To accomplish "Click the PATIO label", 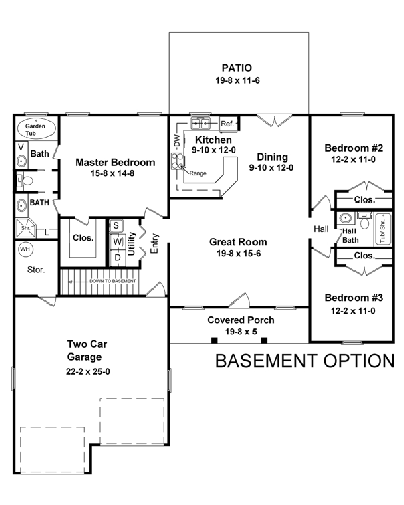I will click(x=237, y=68).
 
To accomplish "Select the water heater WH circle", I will click(x=25, y=249).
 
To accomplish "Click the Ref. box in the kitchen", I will click(x=227, y=123).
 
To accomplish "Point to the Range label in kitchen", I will click(x=197, y=173).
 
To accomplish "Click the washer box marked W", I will click(x=117, y=241).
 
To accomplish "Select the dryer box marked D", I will click(x=117, y=258).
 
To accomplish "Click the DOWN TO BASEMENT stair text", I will click(x=112, y=281).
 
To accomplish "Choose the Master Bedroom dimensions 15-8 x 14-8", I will click(x=115, y=174).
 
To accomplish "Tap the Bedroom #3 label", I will click(x=353, y=297).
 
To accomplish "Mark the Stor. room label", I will click(x=36, y=270).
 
